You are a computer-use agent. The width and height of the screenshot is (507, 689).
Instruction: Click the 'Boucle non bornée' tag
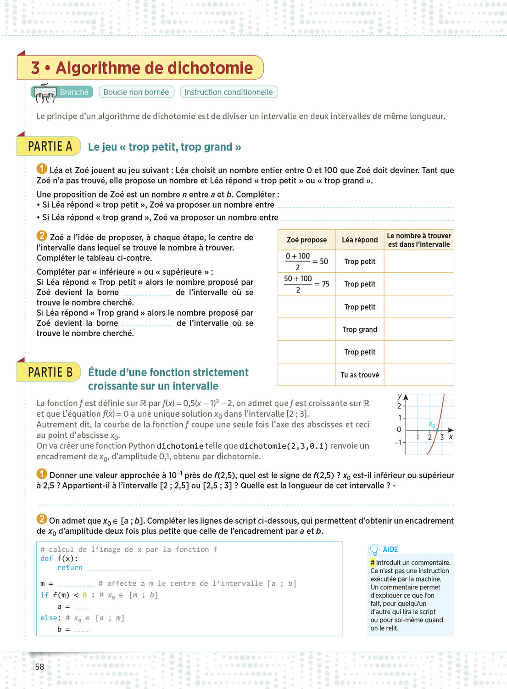[x=136, y=92]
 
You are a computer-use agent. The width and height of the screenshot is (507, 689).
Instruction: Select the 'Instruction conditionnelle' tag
[x=228, y=92]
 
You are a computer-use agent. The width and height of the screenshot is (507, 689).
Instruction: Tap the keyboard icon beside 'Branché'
[x=45, y=93]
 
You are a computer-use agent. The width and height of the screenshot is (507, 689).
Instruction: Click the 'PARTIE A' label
[x=50, y=147]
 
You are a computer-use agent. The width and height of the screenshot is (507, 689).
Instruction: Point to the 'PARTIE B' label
[x=50, y=372]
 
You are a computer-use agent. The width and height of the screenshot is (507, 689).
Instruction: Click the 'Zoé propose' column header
[x=306, y=240]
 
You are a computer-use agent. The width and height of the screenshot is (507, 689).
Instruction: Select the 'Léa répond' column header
[x=360, y=240]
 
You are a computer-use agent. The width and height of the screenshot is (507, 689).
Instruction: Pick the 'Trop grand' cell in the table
[x=360, y=329]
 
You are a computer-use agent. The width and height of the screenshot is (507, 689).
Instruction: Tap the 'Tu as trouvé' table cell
[x=360, y=375]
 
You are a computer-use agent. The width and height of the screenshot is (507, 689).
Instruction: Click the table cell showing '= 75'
[x=306, y=284]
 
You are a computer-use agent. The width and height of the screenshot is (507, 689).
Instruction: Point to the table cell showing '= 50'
[x=306, y=261]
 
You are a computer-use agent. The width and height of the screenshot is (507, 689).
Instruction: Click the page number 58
[x=40, y=666]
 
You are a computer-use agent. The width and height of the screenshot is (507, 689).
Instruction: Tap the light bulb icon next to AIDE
[x=374, y=549]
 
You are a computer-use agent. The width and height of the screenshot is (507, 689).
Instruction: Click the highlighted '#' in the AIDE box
[x=373, y=563]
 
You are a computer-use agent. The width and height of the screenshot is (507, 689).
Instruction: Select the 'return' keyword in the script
[x=70, y=568]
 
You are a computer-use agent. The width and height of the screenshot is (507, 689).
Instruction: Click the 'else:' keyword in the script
[x=50, y=618]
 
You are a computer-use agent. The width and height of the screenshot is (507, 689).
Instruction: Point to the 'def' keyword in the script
[x=46, y=559]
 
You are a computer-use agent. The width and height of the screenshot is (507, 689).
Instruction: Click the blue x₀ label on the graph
[x=432, y=424]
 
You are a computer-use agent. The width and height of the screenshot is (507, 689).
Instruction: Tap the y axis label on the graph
[x=400, y=396]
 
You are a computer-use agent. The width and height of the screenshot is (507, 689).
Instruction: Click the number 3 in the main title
[x=35, y=68]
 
